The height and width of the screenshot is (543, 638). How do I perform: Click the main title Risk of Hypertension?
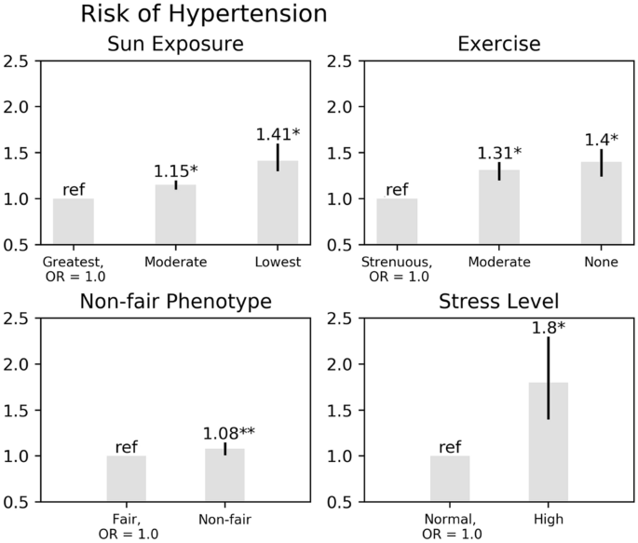pyautogui.click(x=204, y=15)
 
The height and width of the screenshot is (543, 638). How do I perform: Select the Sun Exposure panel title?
pyautogui.click(x=175, y=45)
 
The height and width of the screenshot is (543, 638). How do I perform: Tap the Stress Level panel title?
pyautogui.click(x=498, y=302)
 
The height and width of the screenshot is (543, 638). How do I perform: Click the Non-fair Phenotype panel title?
pyautogui.click(x=175, y=302)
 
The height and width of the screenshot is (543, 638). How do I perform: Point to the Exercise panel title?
pyautogui.click(x=498, y=45)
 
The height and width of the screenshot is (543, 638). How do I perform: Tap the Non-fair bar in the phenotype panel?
pyautogui.click(x=224, y=475)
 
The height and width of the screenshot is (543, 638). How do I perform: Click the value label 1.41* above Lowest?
pyautogui.click(x=278, y=134)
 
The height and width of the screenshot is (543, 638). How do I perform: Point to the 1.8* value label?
pyautogui.click(x=550, y=328)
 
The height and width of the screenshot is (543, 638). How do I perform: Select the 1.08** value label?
pyautogui.click(x=229, y=434)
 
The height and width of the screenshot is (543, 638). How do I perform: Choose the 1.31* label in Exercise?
pyautogui.click(x=499, y=153)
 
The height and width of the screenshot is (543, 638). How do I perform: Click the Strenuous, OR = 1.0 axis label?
pyautogui.click(x=396, y=269)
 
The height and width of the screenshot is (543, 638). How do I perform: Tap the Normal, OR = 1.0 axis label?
pyautogui.click(x=450, y=525)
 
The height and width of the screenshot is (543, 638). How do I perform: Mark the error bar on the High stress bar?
pyautogui.click(x=548, y=377)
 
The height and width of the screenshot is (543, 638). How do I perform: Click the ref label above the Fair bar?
pyautogui.click(x=126, y=447)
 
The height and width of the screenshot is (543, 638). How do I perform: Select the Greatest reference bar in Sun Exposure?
pyautogui.click(x=74, y=224)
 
